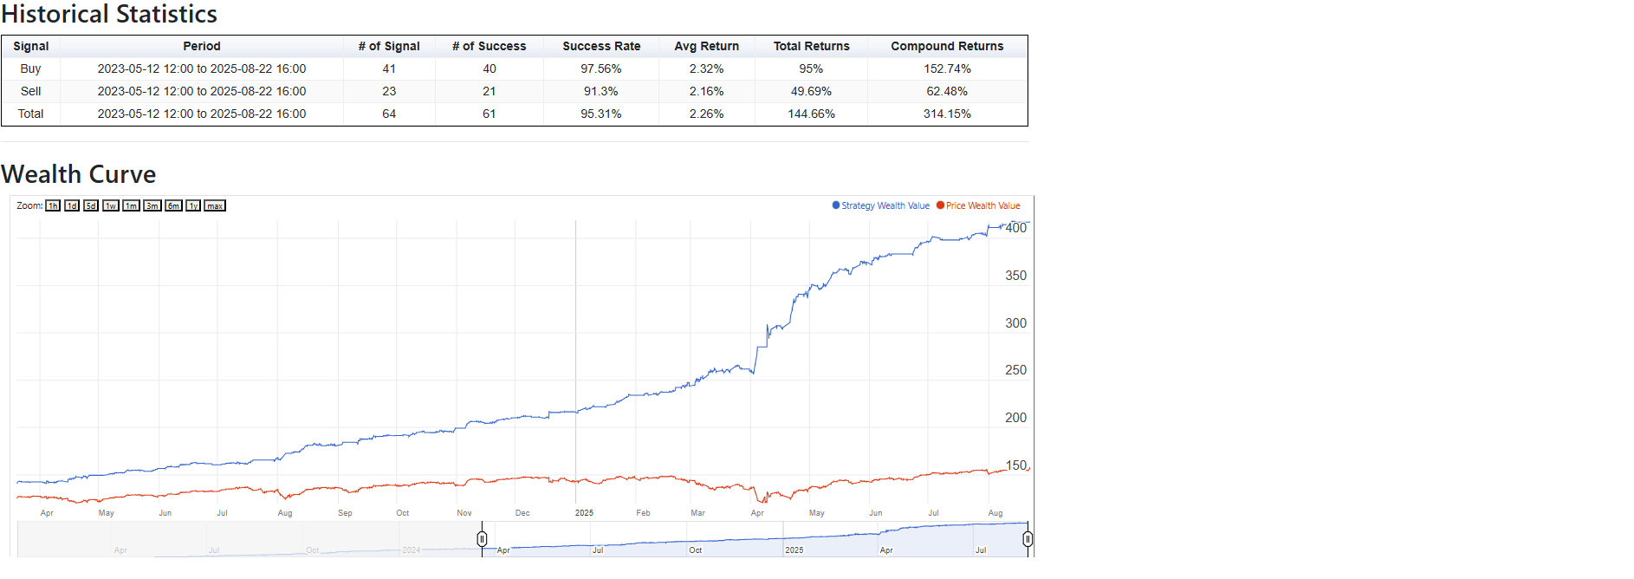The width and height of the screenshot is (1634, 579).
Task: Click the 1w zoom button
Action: pos(111,206)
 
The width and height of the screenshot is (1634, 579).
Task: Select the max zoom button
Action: pos(215,206)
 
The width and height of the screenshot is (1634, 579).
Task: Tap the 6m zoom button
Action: pos(174,206)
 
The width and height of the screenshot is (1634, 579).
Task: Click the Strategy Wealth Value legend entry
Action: pos(881,206)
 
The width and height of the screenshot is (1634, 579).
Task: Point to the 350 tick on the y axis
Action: pos(1015,276)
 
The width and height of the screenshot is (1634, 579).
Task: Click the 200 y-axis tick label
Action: pos(1015,418)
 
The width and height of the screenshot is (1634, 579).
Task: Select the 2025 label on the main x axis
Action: pos(584,513)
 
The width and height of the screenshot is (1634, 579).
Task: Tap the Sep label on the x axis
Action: pos(345,513)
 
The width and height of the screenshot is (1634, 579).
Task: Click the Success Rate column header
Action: pos(601,47)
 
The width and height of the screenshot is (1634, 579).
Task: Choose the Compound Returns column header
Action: pos(947,47)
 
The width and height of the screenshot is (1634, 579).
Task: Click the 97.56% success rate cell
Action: pos(601,69)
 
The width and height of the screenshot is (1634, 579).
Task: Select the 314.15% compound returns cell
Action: pos(947,114)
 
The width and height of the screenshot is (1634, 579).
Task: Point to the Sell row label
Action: pos(30,92)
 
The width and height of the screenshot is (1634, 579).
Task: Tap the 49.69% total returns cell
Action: pos(811,92)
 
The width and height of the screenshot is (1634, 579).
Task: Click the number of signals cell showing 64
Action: pos(389,114)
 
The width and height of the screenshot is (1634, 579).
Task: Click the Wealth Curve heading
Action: pos(79,174)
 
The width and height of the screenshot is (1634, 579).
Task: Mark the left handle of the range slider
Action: pos(482,539)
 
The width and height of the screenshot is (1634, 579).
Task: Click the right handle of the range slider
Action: pos(1028,539)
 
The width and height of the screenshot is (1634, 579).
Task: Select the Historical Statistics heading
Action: pos(109,15)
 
